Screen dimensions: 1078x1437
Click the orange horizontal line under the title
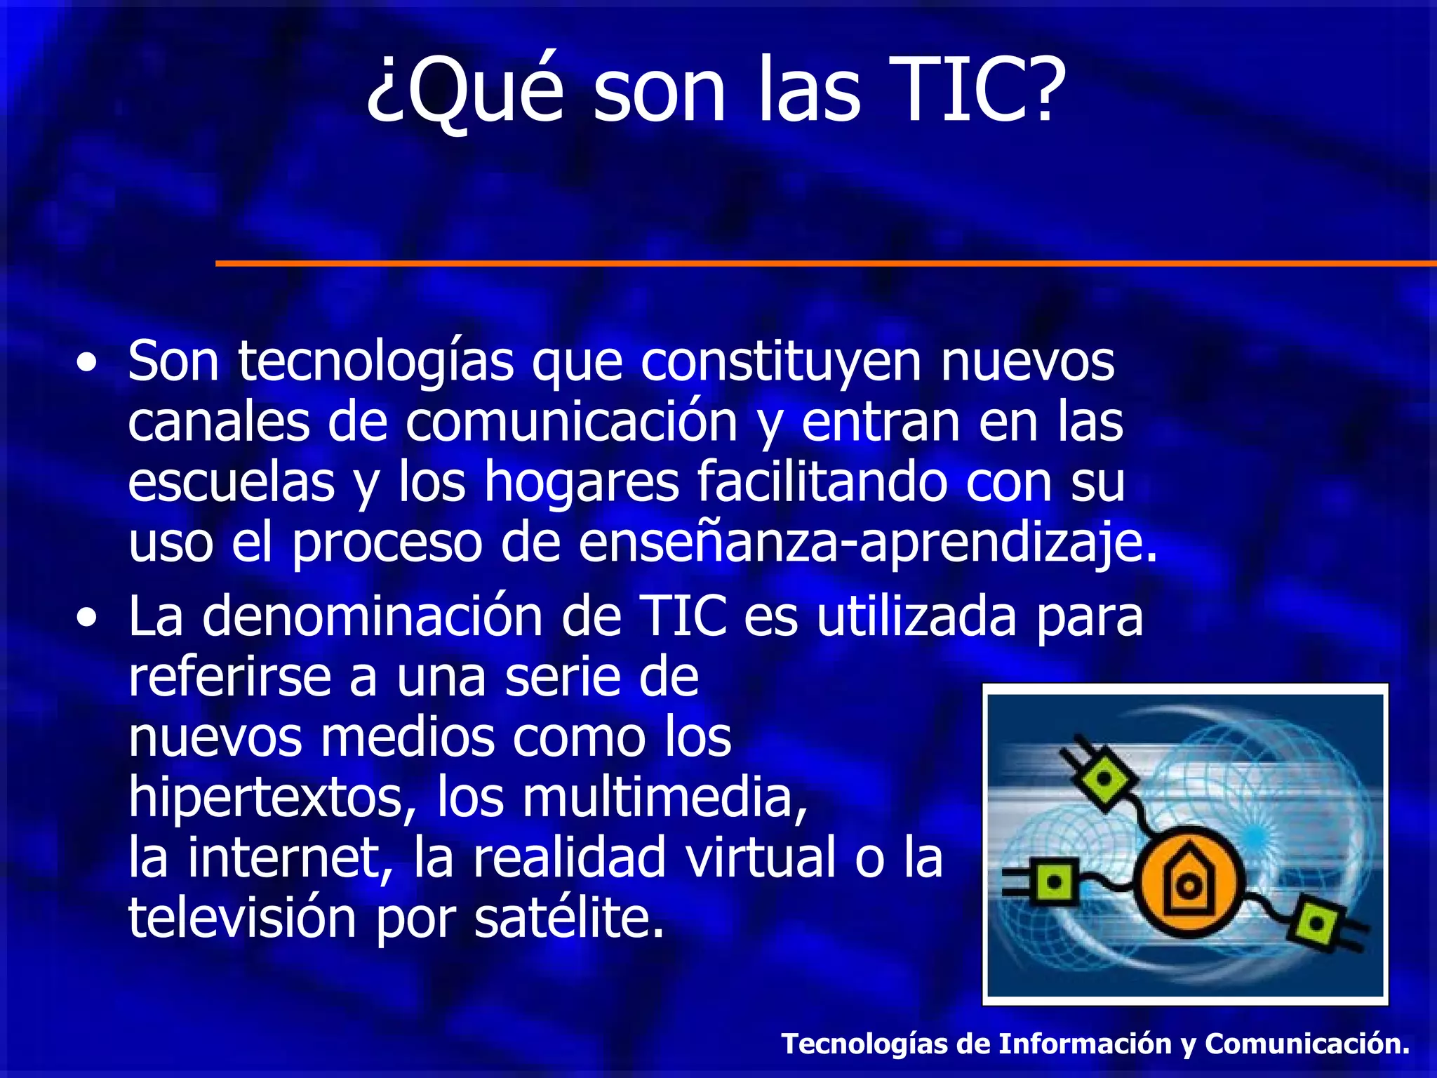click(821, 263)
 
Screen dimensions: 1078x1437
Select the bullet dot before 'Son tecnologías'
click(87, 364)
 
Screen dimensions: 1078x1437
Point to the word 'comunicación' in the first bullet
click(571, 422)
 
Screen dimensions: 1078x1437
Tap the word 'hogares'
click(582, 483)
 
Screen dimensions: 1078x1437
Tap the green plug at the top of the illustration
click(1104, 776)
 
